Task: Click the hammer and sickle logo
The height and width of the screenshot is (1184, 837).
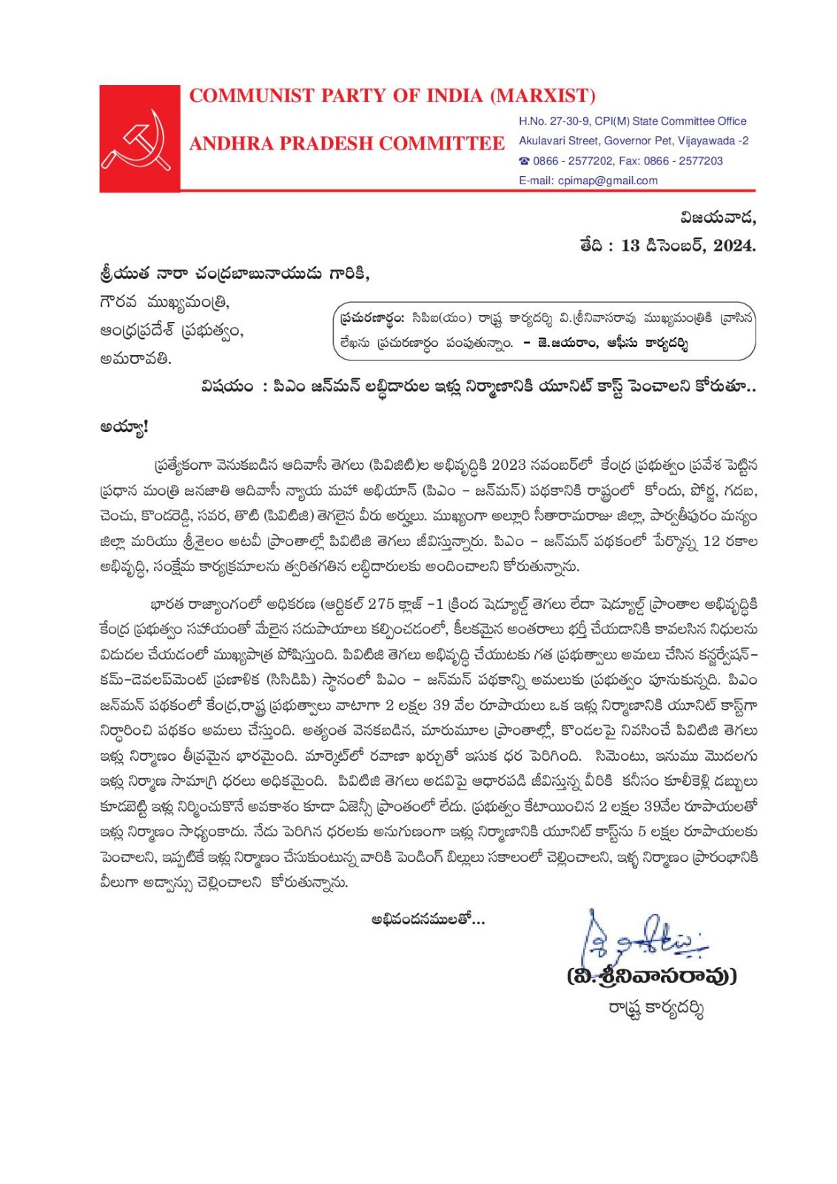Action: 139,138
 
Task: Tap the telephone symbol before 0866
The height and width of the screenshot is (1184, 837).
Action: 524,161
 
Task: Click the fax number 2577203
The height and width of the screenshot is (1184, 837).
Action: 701,161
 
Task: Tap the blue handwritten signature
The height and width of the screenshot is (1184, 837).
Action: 643,940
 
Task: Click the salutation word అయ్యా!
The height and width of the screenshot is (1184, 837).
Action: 124,428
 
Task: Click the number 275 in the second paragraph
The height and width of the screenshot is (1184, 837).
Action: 381,605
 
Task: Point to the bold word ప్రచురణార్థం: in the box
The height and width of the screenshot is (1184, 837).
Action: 372,318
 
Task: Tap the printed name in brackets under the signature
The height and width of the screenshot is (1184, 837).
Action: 652,976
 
